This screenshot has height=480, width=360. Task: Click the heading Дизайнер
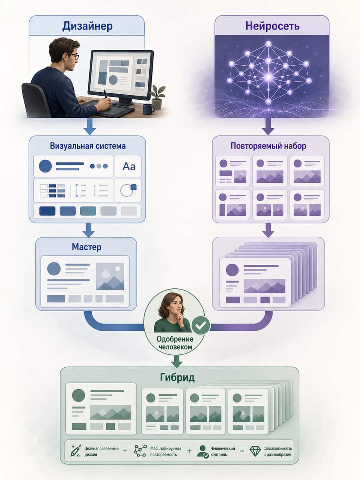tap(87, 26)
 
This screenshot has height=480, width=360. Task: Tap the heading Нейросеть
tap(272, 26)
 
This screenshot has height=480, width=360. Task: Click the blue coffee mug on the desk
tap(148, 109)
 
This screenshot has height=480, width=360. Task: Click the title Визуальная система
tap(88, 146)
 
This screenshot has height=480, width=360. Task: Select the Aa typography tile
tap(128, 166)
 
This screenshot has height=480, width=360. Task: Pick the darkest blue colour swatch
tap(47, 211)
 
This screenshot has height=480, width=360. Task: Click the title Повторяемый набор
tap(268, 146)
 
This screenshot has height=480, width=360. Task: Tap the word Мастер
tap(87, 247)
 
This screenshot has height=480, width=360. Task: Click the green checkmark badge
tap(201, 325)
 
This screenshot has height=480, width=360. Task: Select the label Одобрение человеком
tap(175, 343)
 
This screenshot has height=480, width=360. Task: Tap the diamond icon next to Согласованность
tap(255, 451)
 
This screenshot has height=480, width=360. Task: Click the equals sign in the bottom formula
tap(242, 451)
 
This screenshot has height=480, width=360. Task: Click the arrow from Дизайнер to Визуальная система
tap(90, 126)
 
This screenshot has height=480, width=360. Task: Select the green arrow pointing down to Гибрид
tap(177, 361)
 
